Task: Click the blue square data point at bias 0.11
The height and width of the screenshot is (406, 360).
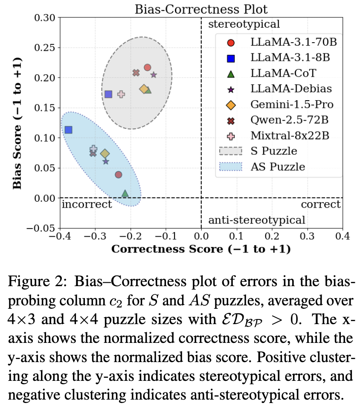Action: click(68, 130)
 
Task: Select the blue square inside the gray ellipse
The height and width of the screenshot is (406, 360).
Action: click(108, 94)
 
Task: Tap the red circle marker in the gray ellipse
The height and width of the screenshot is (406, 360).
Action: click(148, 67)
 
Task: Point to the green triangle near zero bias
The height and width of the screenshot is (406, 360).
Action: click(125, 194)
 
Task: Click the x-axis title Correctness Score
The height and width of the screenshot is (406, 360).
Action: click(201, 249)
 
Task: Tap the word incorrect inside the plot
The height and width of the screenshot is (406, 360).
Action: click(87, 204)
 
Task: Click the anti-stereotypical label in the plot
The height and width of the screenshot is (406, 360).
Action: click(256, 220)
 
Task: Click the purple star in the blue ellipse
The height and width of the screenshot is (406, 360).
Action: click(106, 162)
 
